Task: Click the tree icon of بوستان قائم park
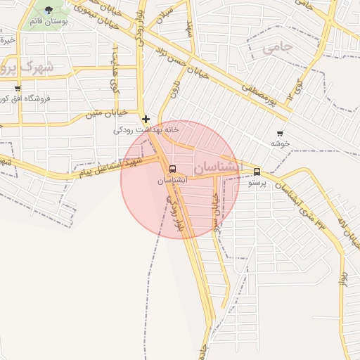click(x=49, y=10)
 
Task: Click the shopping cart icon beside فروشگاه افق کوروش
click(x=18, y=89)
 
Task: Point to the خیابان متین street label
click(x=106, y=112)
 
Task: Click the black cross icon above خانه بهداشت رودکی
click(x=146, y=119)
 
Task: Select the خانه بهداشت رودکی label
click(x=147, y=130)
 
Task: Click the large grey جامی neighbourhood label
click(x=277, y=48)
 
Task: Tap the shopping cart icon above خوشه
click(x=281, y=133)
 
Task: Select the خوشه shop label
click(x=281, y=143)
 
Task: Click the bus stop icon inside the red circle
click(x=173, y=169)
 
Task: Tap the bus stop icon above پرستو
click(x=256, y=171)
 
